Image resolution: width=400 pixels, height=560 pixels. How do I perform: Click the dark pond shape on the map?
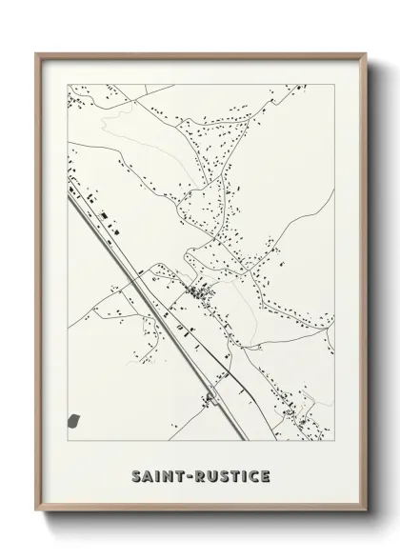75,419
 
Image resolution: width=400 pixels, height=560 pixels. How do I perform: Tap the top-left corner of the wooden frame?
37,53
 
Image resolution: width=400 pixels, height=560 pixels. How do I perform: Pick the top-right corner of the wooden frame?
363,53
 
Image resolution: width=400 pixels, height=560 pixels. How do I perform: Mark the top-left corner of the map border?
66,82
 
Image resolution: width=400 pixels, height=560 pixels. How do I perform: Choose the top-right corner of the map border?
334,82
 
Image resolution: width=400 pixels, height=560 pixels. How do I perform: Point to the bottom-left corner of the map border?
66,444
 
